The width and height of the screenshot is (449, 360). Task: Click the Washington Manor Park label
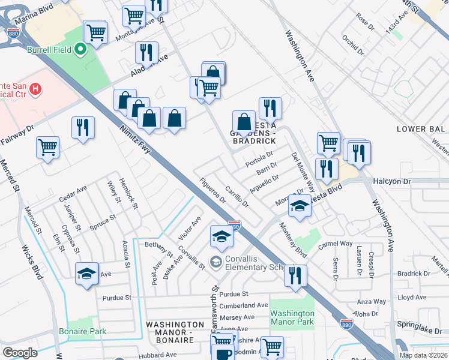pos(292,317)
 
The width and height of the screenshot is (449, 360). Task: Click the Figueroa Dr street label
pos(212,191)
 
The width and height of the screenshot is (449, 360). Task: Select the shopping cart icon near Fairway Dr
pos(47,146)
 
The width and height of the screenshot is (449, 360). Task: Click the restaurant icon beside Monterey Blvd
pos(295,275)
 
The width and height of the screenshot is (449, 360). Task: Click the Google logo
pos(20,352)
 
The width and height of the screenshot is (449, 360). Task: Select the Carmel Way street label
pos(335,244)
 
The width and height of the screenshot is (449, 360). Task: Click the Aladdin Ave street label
pos(150,66)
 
